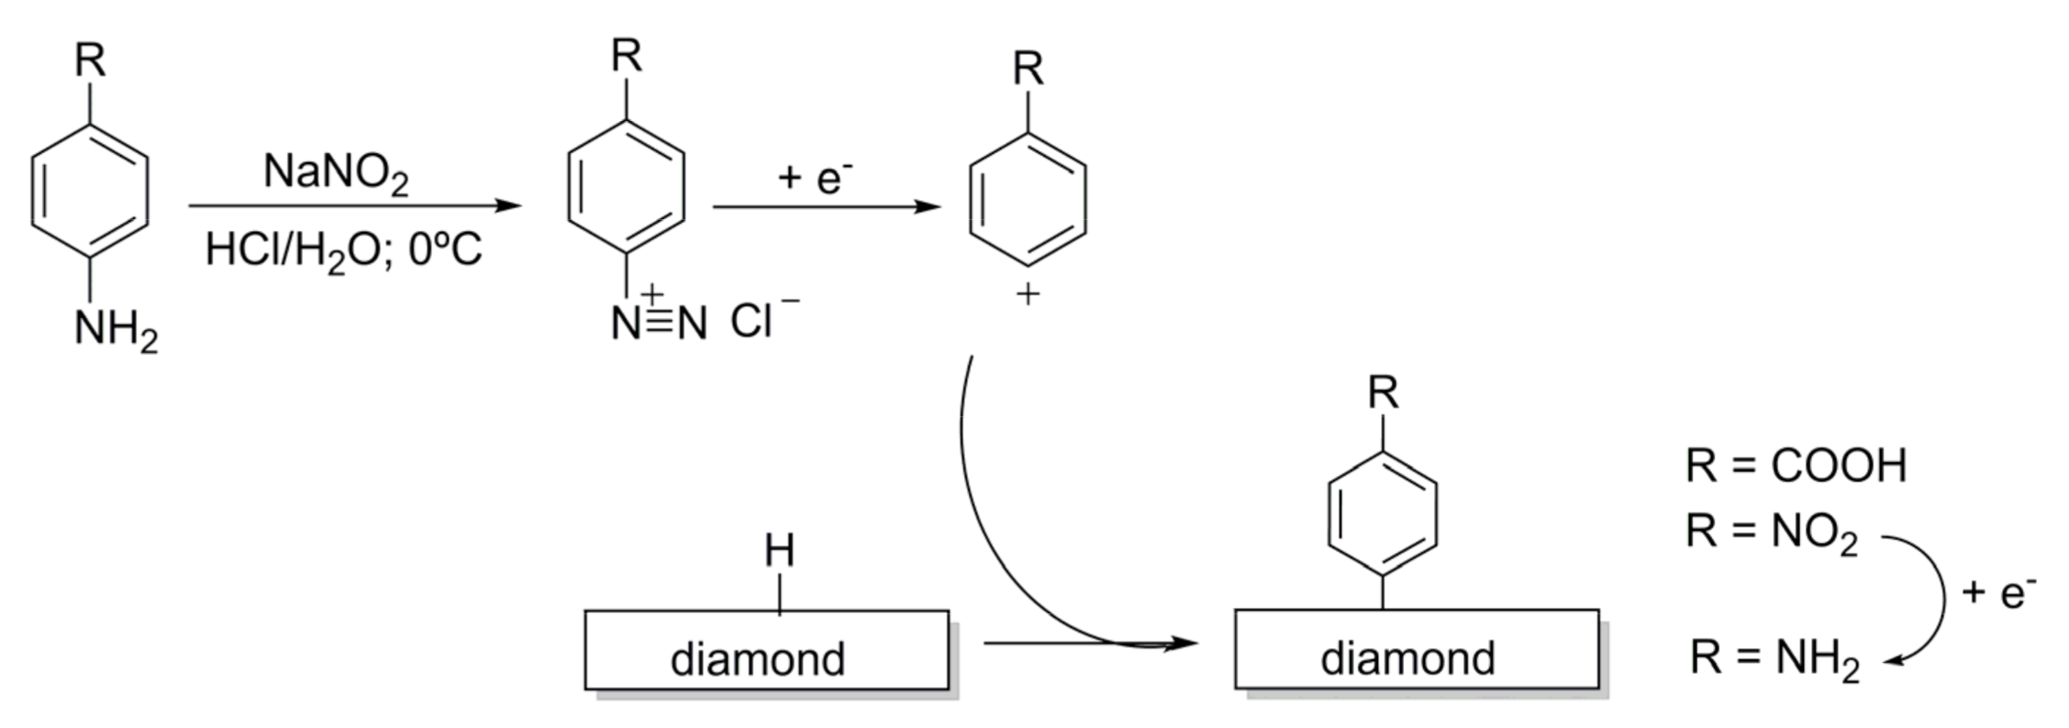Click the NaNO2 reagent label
[x=336, y=172]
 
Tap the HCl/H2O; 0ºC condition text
[x=343, y=249]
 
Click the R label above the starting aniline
[x=90, y=62]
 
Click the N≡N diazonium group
[x=659, y=323]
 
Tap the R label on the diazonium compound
[x=627, y=57]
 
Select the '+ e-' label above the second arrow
[x=815, y=176]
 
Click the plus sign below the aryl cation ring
[x=1028, y=295]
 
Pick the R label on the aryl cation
[x=1029, y=69]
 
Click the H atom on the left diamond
[x=779, y=552]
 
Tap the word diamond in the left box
[x=758, y=659]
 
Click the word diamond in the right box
[x=1407, y=658]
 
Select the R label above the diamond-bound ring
[x=1383, y=393]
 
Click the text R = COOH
[x=1796, y=466]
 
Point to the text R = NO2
[x=1772, y=532]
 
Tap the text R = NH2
[x=1774, y=658]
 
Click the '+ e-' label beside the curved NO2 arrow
[x=1998, y=592]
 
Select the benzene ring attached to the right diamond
[x=1383, y=513]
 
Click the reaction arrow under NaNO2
[x=355, y=206]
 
